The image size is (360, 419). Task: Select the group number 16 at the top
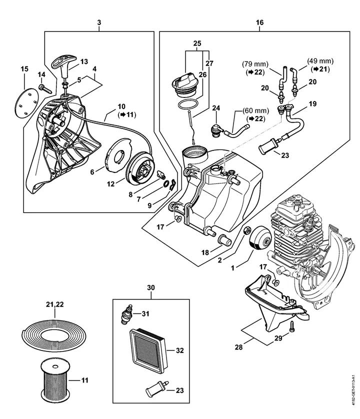click(x=259, y=23)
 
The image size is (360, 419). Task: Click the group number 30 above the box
click(x=151, y=287)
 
